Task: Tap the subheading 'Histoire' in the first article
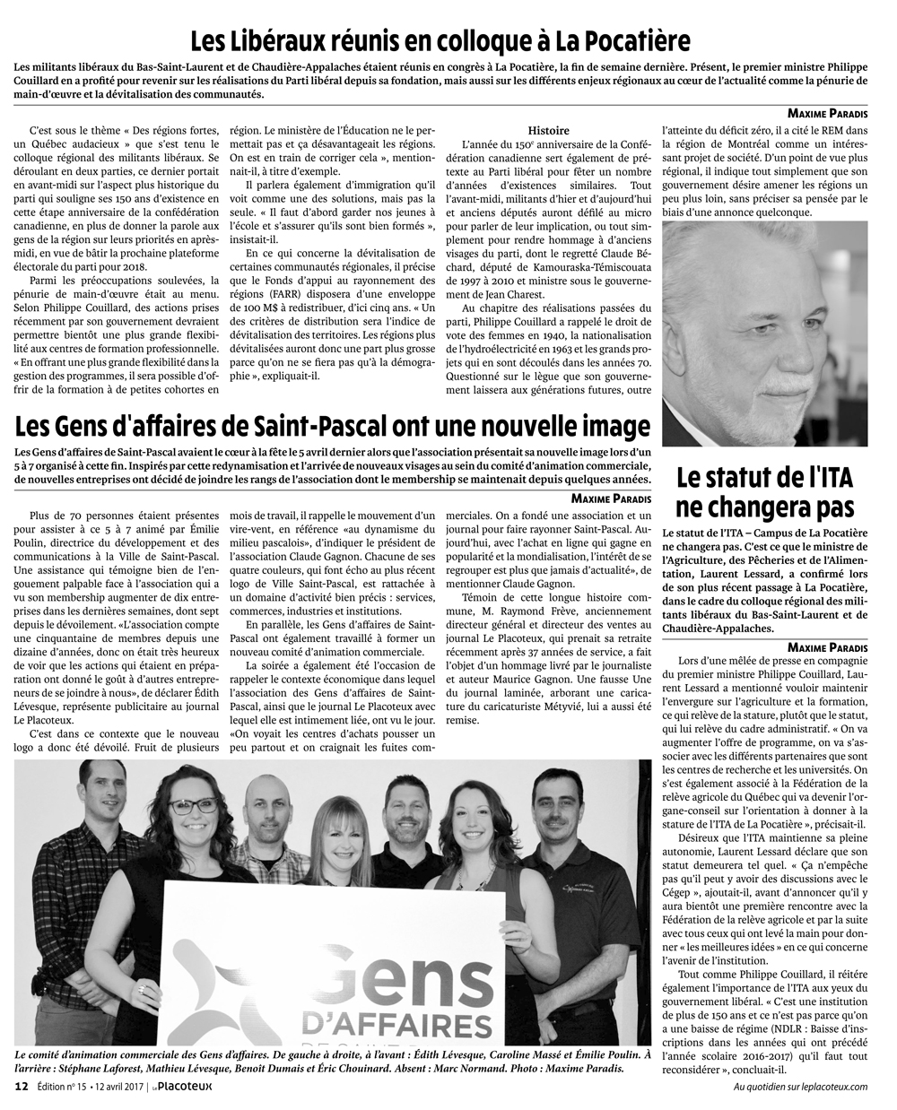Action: point(548,130)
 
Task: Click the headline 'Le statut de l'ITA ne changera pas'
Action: point(765,491)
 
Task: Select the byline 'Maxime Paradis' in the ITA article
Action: point(827,647)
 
